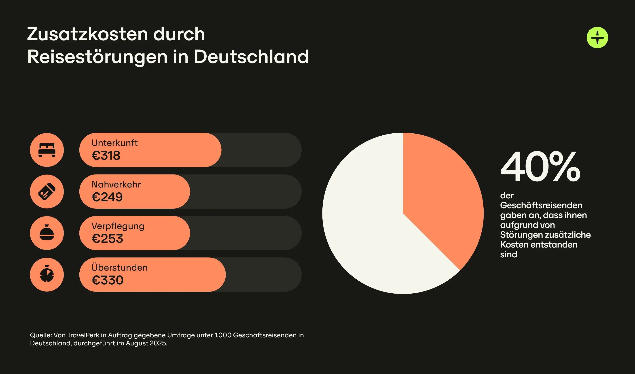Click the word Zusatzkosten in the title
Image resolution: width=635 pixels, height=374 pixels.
(87, 34)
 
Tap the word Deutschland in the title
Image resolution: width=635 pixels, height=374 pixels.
(251, 57)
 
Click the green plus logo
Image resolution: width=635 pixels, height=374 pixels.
(597, 38)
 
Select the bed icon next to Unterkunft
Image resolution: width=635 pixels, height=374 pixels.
(47, 150)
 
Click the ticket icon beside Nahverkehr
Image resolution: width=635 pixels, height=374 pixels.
(47, 191)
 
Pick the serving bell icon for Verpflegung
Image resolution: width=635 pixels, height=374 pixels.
(47, 233)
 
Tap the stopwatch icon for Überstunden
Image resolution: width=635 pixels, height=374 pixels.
(47, 274)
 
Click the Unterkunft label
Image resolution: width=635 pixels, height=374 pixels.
(114, 143)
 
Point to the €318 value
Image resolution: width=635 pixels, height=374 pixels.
(106, 155)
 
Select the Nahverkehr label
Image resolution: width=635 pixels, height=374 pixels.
(116, 185)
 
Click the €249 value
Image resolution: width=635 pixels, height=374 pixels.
(107, 197)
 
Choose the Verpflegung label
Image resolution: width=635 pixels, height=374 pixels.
(118, 226)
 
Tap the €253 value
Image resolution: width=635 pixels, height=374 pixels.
(107, 239)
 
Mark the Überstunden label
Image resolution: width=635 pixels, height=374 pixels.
(120, 267)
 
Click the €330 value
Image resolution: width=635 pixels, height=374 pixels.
(107, 280)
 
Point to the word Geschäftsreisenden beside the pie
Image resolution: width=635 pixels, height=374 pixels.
(541, 205)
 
